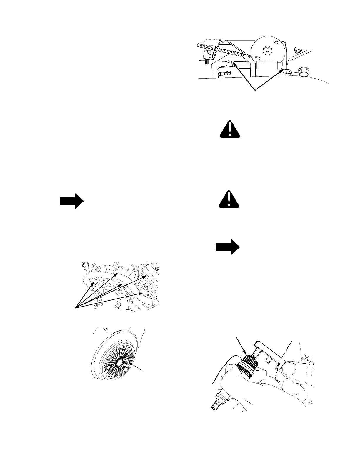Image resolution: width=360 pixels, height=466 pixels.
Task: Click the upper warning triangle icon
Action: point(231,130)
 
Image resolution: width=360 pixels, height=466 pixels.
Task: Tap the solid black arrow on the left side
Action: point(72,201)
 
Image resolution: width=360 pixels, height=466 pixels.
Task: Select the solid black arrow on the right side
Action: point(228,247)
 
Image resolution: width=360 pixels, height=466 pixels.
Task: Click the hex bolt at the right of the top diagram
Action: point(302,71)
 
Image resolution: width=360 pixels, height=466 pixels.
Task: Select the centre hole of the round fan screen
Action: point(119,363)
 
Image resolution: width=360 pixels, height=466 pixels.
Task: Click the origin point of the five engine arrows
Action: point(76,308)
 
